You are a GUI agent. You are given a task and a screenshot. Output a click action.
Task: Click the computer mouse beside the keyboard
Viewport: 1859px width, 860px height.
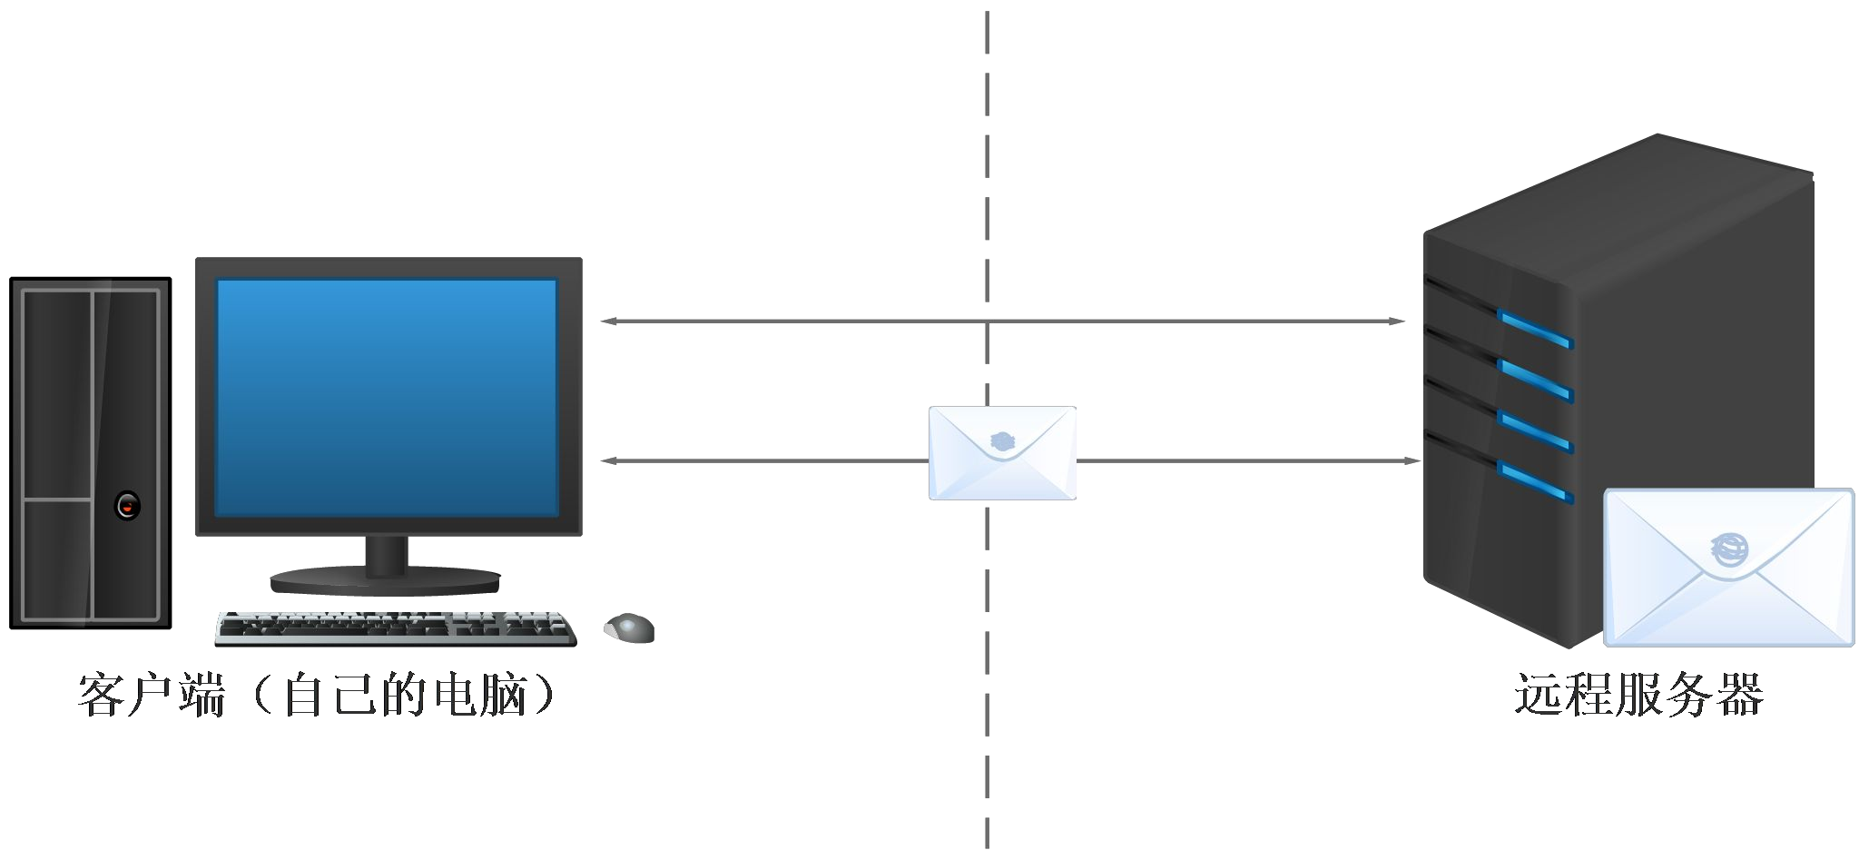(629, 628)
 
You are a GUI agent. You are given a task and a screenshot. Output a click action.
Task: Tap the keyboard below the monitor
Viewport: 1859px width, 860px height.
(396, 628)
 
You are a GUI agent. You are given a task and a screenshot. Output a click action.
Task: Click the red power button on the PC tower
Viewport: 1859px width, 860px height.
(128, 505)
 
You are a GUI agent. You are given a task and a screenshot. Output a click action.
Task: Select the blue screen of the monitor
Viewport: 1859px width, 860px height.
(387, 398)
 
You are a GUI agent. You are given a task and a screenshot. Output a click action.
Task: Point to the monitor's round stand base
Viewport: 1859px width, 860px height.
(386, 580)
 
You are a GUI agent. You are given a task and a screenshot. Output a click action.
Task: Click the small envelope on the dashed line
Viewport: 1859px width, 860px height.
(1002, 453)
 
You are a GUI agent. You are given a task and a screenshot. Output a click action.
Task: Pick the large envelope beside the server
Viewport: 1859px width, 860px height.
(1728, 568)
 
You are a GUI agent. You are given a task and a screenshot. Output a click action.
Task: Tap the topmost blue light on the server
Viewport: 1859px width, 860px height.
(1535, 329)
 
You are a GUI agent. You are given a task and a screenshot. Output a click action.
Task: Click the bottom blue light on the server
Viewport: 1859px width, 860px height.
(1535, 482)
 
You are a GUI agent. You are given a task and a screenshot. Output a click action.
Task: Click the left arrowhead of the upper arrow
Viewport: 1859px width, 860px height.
(609, 321)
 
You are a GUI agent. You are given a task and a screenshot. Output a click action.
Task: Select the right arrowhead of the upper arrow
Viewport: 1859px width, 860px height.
(1397, 321)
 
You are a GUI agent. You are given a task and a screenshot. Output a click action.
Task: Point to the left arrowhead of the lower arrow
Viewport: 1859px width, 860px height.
(609, 460)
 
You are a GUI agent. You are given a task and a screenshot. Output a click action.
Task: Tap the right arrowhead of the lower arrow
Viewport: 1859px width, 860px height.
(1411, 460)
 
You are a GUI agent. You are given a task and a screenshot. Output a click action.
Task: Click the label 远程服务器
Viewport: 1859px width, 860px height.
(1638, 696)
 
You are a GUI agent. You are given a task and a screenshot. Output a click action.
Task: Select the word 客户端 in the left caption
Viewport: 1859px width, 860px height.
(152, 696)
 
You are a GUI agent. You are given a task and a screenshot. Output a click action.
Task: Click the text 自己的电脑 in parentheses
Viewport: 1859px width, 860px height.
(406, 696)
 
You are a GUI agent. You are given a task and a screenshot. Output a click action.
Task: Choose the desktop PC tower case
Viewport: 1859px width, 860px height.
(91, 453)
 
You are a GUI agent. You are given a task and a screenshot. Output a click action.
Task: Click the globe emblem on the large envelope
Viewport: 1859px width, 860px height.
(1728, 549)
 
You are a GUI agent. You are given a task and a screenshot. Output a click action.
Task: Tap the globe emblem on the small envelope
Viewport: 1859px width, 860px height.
(1002, 442)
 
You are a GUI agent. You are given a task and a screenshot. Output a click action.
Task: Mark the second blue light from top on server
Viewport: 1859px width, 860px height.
(1535, 380)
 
